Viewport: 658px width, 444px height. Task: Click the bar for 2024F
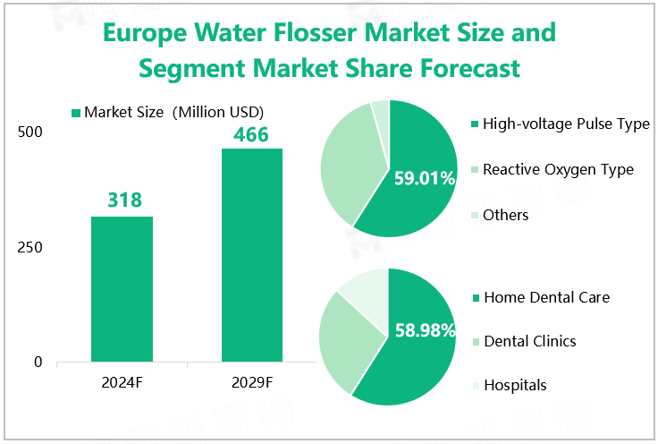(122, 289)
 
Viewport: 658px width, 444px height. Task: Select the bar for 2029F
(252, 255)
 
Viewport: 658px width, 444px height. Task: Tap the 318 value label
(124, 200)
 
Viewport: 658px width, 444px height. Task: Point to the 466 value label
(251, 134)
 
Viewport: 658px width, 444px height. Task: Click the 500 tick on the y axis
(30, 132)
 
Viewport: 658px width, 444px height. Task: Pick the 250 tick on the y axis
(30, 247)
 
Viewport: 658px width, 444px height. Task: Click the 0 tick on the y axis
(38, 362)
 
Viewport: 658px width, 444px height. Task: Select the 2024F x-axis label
(122, 382)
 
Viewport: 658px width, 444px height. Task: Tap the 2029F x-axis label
(252, 382)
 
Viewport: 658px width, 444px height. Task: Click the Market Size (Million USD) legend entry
(167, 112)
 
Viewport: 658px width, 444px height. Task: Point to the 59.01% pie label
(425, 178)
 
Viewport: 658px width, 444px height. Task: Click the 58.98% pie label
(425, 330)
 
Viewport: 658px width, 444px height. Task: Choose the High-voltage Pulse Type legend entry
(561, 124)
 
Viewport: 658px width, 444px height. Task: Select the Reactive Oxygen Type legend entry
(553, 169)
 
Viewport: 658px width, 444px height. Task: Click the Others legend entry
(500, 215)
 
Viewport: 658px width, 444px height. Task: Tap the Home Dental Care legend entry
(542, 297)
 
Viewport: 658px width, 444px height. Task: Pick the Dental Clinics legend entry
(525, 341)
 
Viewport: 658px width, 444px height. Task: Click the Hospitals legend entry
(510, 385)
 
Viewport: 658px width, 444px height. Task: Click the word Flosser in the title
(316, 32)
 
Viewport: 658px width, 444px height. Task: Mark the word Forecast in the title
(470, 68)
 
